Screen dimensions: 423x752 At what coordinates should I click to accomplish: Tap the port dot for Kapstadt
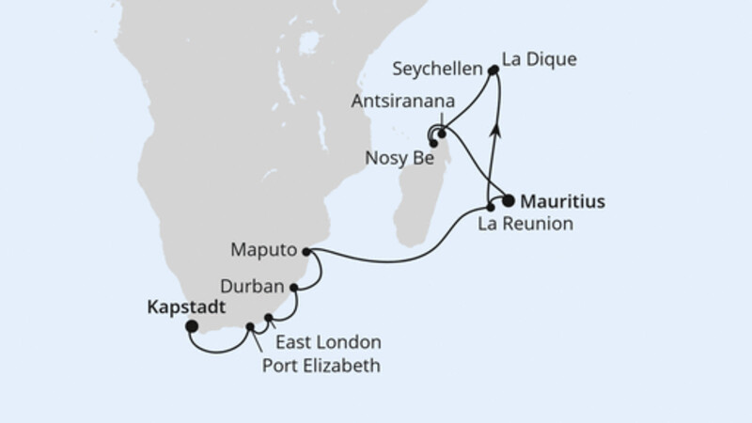point(192,326)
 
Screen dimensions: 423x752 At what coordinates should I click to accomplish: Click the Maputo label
point(265,251)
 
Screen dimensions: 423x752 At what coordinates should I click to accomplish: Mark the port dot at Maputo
point(305,251)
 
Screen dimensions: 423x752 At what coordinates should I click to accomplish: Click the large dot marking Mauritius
point(509,200)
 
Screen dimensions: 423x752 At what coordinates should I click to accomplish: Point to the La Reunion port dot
point(491,206)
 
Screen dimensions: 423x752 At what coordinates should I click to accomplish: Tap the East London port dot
point(269,318)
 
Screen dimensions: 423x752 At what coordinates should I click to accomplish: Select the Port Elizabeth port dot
point(251,327)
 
